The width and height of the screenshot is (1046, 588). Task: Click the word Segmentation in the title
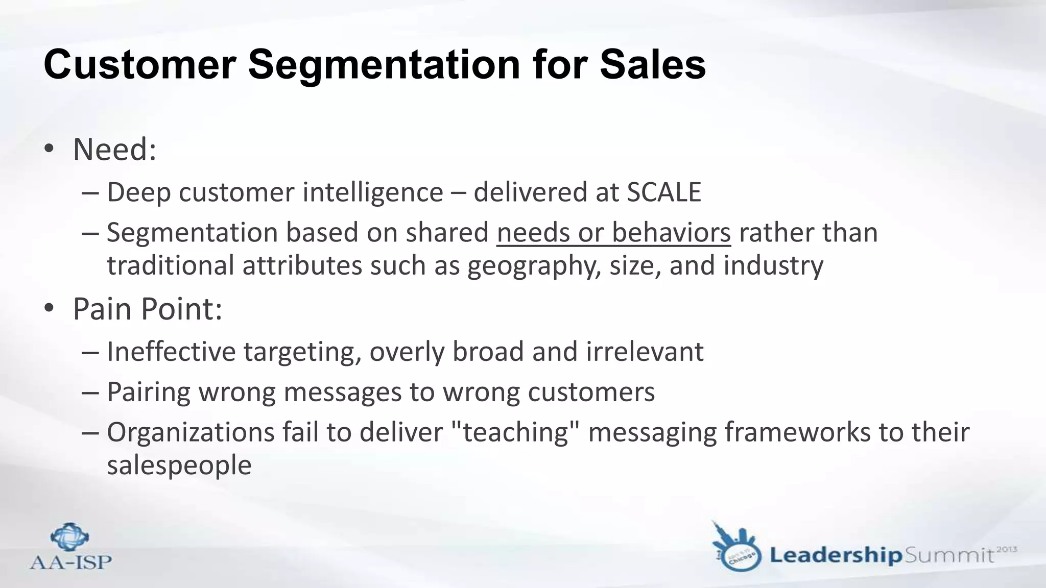384,65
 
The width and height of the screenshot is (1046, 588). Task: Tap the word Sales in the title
653,65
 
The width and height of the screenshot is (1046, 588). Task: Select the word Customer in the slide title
139,65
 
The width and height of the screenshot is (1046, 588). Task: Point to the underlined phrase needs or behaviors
613,233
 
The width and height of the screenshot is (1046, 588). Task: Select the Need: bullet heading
114,150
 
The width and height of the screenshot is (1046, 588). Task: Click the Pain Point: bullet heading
148,309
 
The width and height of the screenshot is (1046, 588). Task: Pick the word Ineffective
171,352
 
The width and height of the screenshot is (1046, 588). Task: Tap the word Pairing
149,392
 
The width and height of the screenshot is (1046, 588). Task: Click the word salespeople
179,465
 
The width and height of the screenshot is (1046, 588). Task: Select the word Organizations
191,432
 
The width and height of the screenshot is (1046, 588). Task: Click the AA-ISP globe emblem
70,536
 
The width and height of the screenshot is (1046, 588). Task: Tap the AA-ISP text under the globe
70,562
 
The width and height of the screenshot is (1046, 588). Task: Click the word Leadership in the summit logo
836,555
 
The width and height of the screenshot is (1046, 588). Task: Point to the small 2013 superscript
1006,549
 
